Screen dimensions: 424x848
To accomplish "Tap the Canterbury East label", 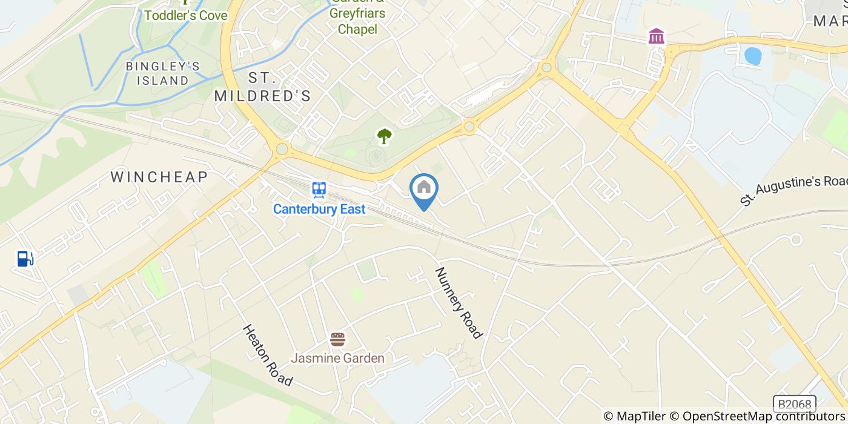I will click(319, 209).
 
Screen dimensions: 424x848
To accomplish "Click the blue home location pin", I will click(424, 190).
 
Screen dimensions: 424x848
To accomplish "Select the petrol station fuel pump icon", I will click(25, 259).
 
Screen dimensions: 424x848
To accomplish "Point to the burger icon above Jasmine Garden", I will click(337, 339).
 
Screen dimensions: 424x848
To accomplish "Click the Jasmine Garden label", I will click(337, 358).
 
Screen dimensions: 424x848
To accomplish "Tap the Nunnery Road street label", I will click(459, 303).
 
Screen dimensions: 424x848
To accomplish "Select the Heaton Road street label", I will click(268, 355).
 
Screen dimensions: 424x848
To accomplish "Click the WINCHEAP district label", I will click(159, 177).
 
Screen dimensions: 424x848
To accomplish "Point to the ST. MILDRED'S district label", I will click(263, 87).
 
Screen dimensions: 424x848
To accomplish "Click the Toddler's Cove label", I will click(186, 15).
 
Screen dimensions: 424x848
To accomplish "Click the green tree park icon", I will click(383, 136).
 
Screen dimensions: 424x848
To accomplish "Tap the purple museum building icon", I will click(656, 36).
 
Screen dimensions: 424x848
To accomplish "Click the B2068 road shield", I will click(795, 404).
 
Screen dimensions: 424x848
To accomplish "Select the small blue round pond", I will click(752, 56).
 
